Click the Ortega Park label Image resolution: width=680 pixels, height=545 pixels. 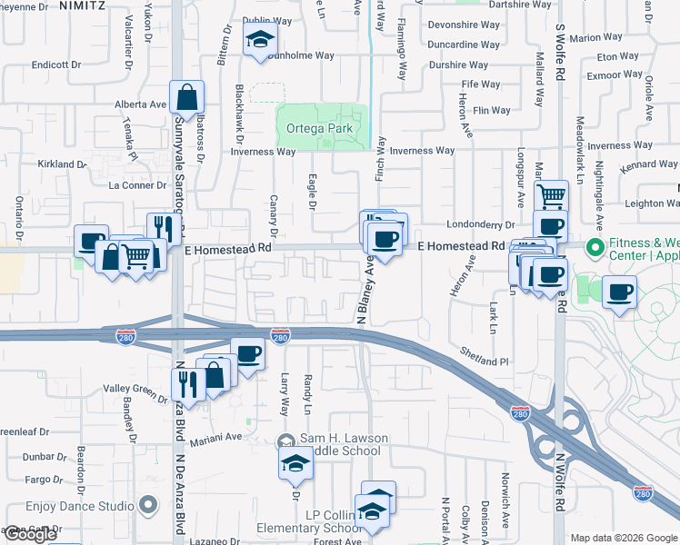[319, 128]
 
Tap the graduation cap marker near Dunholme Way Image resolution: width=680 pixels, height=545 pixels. [260, 42]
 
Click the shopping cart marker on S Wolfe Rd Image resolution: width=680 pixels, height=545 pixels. [551, 195]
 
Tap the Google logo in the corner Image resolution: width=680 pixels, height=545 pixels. [30, 535]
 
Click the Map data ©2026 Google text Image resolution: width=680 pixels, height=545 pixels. [624, 538]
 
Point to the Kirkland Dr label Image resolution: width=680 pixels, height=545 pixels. [62, 164]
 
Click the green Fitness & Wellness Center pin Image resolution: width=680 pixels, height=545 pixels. [595, 246]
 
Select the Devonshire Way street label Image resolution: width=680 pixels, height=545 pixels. [464, 25]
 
